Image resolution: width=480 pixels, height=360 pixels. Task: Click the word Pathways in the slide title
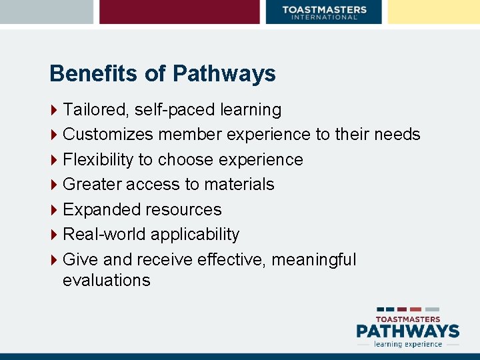tap(223, 74)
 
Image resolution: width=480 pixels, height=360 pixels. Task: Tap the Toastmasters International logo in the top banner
tap(324, 12)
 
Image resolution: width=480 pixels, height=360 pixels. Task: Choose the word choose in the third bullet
tap(191, 160)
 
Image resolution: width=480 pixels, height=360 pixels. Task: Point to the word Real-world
tap(104, 234)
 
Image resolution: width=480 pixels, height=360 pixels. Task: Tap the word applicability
tap(195, 235)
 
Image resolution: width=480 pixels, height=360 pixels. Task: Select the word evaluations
tap(107, 280)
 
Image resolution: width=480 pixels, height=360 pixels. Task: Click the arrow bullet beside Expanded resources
tap(54, 209)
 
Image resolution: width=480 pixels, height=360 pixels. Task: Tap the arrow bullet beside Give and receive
tap(54, 259)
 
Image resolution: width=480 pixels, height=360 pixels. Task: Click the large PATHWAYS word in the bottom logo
tap(407, 331)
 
